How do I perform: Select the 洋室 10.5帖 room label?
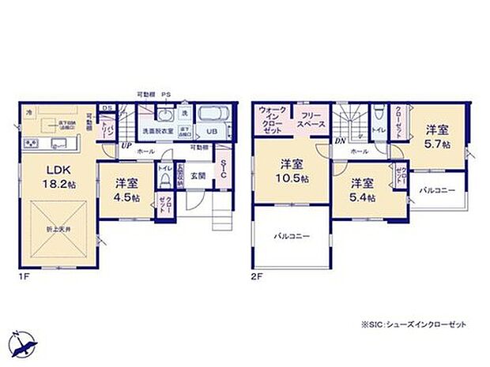click(x=292, y=171)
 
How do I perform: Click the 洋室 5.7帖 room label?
click(x=438, y=135)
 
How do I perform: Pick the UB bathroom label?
click(x=212, y=131)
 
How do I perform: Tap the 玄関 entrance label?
click(x=198, y=175)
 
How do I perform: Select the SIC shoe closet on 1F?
click(x=224, y=169)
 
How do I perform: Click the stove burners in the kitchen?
click(x=31, y=142)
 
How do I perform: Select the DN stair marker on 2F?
click(x=339, y=141)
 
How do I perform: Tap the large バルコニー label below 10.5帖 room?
click(x=292, y=236)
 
